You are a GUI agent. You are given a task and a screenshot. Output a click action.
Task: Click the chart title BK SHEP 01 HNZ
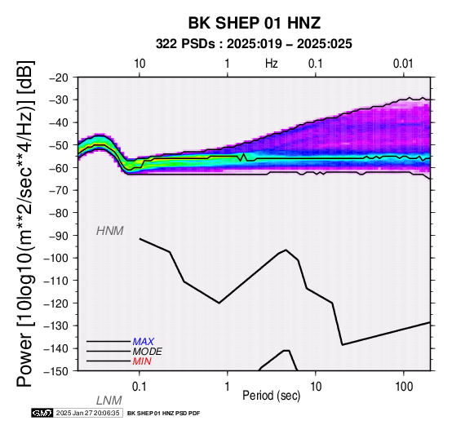tap(255, 23)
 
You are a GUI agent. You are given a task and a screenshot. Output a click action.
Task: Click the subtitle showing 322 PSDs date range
tap(254, 44)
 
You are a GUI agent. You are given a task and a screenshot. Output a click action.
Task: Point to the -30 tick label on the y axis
tap(58, 100)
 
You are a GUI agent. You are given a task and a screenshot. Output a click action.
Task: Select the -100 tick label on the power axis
tap(55, 258)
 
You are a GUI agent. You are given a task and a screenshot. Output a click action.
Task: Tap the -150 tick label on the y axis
tap(55, 371)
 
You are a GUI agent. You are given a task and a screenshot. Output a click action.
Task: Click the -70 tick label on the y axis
tap(58, 190)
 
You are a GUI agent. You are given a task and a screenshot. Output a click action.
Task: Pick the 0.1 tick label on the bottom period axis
tap(140, 387)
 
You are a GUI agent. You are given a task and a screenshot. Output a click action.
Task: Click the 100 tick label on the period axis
tap(404, 387)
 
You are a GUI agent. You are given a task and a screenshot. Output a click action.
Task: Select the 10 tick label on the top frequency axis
tap(140, 64)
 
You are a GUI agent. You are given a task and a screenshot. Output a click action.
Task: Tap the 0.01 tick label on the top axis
tap(403, 64)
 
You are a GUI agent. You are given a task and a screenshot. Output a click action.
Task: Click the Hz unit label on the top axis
tap(272, 64)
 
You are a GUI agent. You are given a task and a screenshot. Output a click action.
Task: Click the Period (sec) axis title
tap(271, 396)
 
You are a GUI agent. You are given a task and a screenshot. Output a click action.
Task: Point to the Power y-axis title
tap(25, 224)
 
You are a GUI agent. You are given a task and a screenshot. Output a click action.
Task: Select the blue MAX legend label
tap(144, 342)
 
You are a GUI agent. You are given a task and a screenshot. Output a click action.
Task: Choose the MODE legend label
tap(148, 352)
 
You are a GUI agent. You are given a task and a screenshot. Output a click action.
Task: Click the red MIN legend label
tap(142, 361)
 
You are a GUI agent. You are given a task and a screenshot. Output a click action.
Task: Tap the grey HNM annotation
tap(110, 231)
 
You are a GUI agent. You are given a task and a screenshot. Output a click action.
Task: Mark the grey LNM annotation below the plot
tap(109, 401)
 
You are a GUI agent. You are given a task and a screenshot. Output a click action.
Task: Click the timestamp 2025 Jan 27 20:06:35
tap(87, 413)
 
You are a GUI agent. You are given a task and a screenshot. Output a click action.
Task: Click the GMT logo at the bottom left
tap(42, 413)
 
